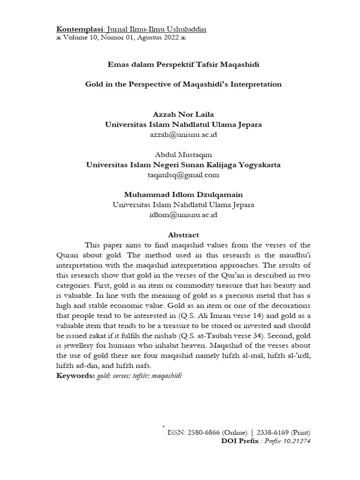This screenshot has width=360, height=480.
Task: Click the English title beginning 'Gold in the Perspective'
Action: [x=183, y=84]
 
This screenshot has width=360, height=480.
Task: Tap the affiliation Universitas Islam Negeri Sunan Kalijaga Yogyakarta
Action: [x=183, y=165]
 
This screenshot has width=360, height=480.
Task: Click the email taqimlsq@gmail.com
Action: [x=183, y=175]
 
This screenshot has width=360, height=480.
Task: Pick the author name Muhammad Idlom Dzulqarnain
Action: [x=183, y=195]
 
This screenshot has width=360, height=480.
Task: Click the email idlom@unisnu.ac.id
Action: [x=183, y=215]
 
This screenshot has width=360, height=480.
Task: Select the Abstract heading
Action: [x=183, y=235]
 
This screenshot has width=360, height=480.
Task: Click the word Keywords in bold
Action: [x=75, y=376]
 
